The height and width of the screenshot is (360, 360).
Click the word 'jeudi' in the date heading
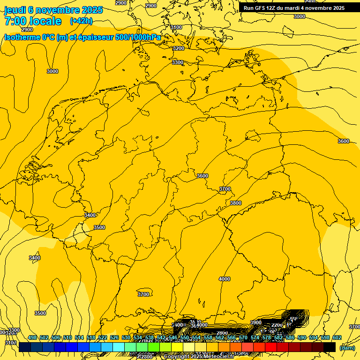coord(15,10)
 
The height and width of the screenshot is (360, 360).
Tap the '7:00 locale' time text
coord(33,21)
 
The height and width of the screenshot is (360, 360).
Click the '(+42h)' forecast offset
coord(81,21)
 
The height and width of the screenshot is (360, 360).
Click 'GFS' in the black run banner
coord(259,8)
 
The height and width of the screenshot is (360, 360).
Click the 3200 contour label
coord(178,48)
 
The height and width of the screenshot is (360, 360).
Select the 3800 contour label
coord(236,203)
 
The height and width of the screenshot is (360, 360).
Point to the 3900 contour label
coord(256,322)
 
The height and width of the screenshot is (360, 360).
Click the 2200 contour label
coord(277,325)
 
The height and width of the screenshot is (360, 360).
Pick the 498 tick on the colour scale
coord(32,338)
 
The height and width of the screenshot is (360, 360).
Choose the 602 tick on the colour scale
coord(337,338)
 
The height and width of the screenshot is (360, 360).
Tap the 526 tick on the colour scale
coord(114,338)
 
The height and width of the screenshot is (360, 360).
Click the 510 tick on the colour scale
coord(67,338)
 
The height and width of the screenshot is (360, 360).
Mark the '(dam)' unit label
coord(347,347)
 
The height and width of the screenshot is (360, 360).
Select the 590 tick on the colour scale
coord(301,338)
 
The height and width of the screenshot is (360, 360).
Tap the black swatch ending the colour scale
coord(330,347)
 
